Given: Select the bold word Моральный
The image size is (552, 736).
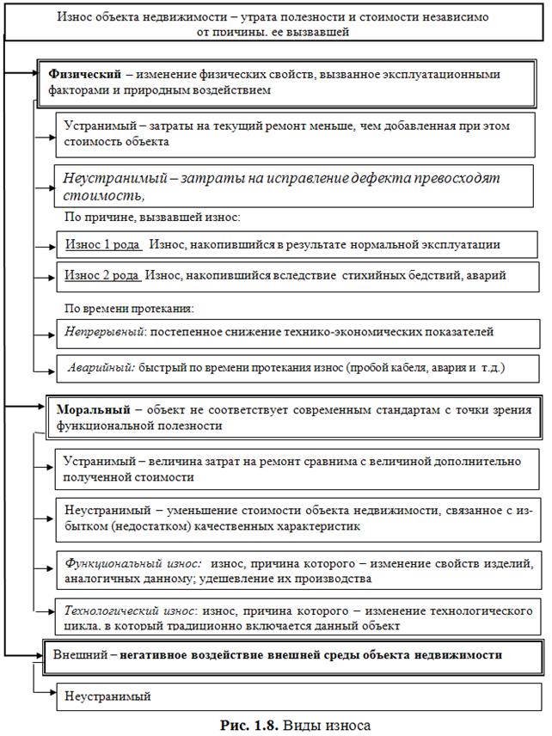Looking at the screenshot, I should pos(92,410).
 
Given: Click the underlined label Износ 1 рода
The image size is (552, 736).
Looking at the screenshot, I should pos(102,244).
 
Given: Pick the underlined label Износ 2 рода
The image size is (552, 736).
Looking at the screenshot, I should pos(102,275).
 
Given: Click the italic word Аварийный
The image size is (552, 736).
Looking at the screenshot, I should pos(101,367).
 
